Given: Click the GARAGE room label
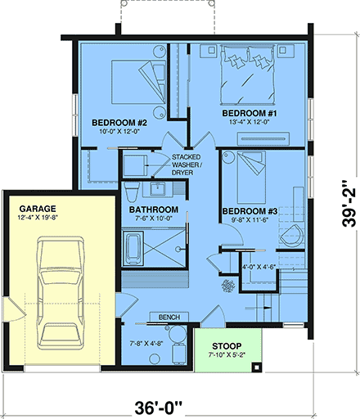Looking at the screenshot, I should pos(36,208).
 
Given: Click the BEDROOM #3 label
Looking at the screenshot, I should pos(250,211).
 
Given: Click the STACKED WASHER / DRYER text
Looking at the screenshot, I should pos(187,164).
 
